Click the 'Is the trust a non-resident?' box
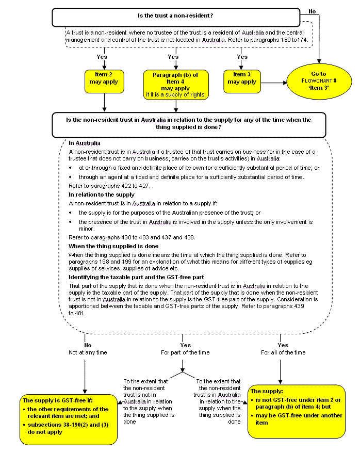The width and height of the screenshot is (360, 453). [176, 17]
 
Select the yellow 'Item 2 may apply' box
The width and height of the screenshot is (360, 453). [104, 82]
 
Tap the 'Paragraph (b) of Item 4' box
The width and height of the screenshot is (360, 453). [176, 85]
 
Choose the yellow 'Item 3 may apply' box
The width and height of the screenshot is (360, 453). [242, 82]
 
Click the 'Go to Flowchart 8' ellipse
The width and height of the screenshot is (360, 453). [319, 81]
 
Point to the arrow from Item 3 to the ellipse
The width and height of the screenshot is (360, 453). [274, 83]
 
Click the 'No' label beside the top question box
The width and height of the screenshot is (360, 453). [312, 11]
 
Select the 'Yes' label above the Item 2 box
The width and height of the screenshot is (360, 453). [102, 57]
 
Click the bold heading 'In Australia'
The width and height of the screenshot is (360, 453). [84, 143]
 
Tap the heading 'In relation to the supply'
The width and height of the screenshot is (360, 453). [101, 195]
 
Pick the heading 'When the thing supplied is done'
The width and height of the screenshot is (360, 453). [113, 246]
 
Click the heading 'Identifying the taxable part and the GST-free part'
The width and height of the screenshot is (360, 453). [136, 278]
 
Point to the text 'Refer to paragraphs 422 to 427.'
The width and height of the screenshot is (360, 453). [109, 186]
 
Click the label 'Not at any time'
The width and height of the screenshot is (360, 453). [88, 352]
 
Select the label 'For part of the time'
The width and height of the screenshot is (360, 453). [185, 352]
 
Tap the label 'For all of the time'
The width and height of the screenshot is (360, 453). [283, 352]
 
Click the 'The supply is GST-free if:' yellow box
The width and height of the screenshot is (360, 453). [69, 419]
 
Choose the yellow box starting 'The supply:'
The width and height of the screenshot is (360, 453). [297, 411]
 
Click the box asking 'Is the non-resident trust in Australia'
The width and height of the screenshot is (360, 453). [189, 125]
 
